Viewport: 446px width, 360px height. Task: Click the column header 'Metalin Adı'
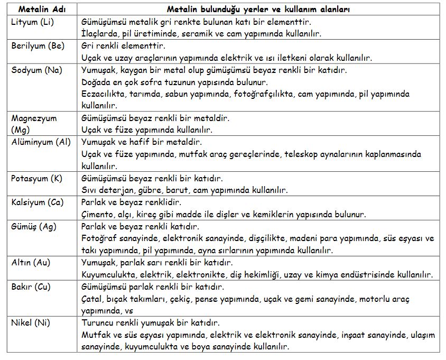[x=41, y=10]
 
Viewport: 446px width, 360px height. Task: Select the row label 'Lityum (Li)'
[x=32, y=22]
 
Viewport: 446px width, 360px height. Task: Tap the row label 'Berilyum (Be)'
[x=38, y=46]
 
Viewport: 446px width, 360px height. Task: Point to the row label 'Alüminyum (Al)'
[x=41, y=142]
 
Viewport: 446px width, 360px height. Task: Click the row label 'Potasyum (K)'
[x=36, y=178]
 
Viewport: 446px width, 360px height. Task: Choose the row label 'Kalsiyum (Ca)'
[x=37, y=202]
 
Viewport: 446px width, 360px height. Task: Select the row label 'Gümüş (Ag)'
[x=33, y=227]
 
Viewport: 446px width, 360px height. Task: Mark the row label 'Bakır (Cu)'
[x=31, y=287]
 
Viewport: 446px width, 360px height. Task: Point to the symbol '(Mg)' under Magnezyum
[x=21, y=130]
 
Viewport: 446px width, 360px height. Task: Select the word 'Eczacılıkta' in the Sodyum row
[x=103, y=94]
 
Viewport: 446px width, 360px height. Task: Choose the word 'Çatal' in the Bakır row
[x=92, y=299]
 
